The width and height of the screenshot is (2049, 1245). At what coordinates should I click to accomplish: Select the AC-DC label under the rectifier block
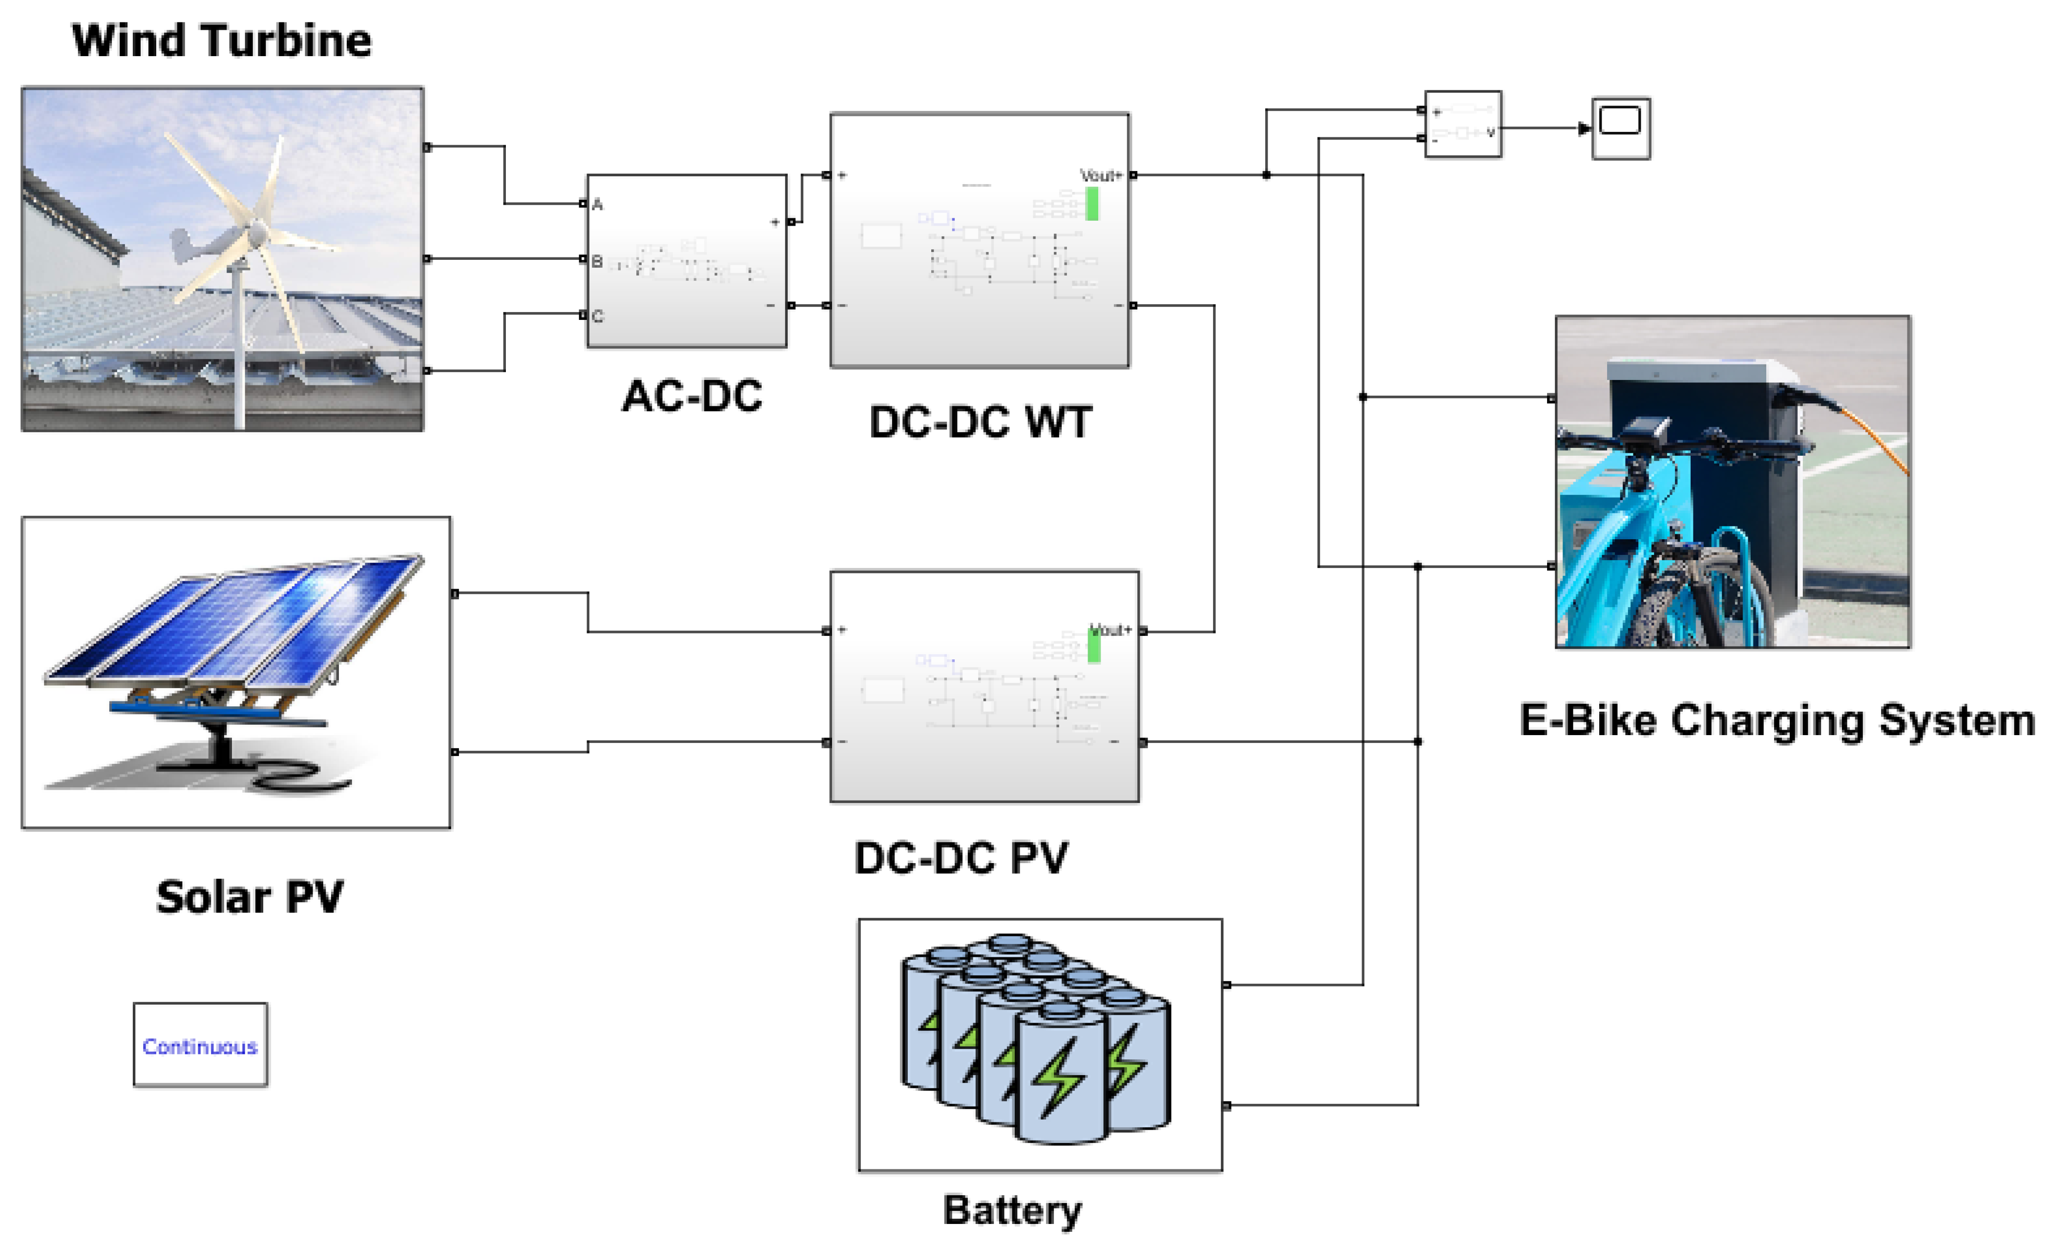click(x=692, y=396)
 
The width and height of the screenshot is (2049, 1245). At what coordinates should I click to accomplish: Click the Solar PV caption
click(x=250, y=897)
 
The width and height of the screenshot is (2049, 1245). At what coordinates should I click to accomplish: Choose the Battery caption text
click(x=1012, y=1210)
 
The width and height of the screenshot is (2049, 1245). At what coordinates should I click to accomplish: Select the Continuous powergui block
click(x=200, y=1045)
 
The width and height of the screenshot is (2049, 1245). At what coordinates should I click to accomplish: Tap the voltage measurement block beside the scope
click(x=1463, y=124)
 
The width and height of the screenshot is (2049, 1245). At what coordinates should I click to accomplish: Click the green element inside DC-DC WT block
click(x=1092, y=204)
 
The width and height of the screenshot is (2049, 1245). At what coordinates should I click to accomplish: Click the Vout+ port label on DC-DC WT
click(x=1100, y=175)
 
